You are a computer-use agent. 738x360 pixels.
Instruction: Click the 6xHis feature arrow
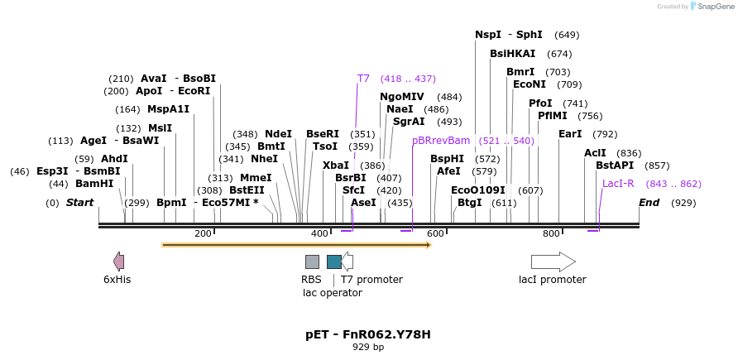coord(119,262)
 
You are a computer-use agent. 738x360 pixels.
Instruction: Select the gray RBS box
coord(312,262)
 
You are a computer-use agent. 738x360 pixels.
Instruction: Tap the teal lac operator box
coord(334,262)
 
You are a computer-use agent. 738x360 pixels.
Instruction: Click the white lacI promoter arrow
coord(553,262)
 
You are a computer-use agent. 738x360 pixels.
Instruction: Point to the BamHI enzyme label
coord(94,184)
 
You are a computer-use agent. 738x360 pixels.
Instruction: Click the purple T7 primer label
coord(363,79)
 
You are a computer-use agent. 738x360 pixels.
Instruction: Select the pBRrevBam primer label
coord(441,141)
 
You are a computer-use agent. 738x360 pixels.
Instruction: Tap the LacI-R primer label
coord(618,184)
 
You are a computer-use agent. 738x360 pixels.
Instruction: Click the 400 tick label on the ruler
coord(319,234)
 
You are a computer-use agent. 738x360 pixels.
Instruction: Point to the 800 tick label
coord(551,234)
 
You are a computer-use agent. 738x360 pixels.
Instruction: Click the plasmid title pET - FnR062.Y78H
coord(368,334)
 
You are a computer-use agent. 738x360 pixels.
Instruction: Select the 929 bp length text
coord(368,348)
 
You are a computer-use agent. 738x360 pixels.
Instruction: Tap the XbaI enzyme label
coord(336,166)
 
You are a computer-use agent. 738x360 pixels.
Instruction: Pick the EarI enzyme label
coord(570,134)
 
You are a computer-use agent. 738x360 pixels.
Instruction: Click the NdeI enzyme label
coord(278,134)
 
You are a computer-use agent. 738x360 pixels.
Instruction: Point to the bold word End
coord(649,203)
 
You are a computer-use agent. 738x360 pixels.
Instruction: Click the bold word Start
coord(80,203)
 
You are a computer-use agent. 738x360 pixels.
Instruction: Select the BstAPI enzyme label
coord(615,166)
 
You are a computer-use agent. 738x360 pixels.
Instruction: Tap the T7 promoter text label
coord(371,280)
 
